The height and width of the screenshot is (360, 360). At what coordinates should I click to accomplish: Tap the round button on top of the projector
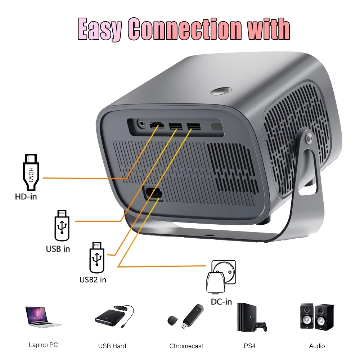[x=221, y=91]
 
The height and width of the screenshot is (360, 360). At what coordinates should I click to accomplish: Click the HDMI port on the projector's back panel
[x=157, y=125]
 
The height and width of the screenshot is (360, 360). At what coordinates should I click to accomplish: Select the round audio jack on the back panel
[x=141, y=124]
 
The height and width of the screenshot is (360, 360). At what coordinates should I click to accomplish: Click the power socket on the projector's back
[x=153, y=193]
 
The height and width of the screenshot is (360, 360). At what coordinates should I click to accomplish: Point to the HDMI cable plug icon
[x=31, y=172]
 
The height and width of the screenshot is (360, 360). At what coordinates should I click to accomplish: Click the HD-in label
[x=26, y=197]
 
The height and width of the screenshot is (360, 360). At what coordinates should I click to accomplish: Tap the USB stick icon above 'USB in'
[x=62, y=225]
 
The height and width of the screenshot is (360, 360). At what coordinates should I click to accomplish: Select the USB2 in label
[x=93, y=280]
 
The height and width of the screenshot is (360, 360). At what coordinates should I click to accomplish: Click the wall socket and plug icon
[x=221, y=276]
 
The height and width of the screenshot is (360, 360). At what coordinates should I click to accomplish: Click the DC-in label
[x=221, y=302]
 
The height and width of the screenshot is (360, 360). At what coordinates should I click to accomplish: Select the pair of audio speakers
[x=317, y=316]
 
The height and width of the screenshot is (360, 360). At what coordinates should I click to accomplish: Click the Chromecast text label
[x=186, y=346]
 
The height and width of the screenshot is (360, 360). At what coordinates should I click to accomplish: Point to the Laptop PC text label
[x=43, y=345]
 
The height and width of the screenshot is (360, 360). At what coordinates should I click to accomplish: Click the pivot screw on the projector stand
[x=309, y=138]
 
